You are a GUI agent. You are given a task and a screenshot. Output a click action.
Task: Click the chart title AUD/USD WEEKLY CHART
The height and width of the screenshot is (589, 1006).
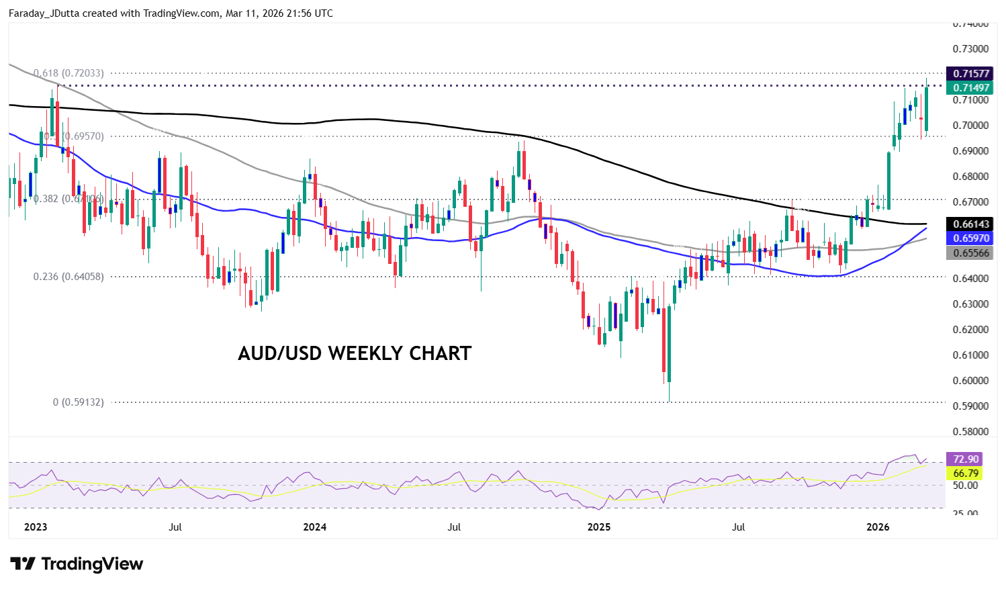coord(355,353)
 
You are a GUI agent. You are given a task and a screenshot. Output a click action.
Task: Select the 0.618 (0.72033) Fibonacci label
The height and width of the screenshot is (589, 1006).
coord(68,73)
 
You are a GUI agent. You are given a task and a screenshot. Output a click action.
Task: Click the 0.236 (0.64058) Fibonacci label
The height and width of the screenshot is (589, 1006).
coord(68,277)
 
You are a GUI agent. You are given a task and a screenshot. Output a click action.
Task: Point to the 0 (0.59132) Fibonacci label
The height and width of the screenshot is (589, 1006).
coord(79,402)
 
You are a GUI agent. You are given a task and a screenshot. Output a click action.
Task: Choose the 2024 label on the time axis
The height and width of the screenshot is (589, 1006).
coord(314,527)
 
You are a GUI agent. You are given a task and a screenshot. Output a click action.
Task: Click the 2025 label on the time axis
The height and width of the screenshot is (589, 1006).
coord(599,527)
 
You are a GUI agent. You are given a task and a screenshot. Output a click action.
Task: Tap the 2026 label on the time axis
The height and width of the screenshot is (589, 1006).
coord(878,527)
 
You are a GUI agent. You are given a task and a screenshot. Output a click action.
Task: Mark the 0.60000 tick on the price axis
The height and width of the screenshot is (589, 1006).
coord(971,381)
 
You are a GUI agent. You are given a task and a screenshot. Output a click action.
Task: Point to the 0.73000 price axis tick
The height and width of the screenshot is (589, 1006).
coord(971,49)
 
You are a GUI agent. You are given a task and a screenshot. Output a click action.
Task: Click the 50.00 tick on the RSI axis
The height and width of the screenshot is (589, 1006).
coord(966,486)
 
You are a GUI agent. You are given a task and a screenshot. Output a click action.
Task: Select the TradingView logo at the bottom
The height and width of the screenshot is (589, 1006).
coord(77,564)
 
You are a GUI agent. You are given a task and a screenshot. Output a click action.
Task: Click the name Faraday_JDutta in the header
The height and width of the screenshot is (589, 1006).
coord(44,13)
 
